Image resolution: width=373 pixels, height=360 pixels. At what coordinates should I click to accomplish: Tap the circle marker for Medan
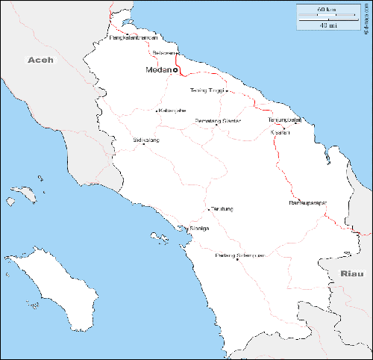pyautogui.click(x=175, y=70)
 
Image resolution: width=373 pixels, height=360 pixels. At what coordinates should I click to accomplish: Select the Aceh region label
pyautogui.click(x=40, y=59)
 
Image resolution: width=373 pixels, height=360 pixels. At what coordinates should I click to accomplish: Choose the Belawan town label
pyautogui.click(x=163, y=53)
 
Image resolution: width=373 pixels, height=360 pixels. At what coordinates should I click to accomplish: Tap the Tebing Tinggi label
pyautogui.click(x=207, y=90)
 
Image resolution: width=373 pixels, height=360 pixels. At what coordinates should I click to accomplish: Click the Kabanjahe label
pyautogui.click(x=172, y=111)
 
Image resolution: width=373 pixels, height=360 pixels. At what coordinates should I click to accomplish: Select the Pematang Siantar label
pyautogui.click(x=217, y=120)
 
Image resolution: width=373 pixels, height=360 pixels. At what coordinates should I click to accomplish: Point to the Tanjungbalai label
pyautogui.click(x=284, y=120)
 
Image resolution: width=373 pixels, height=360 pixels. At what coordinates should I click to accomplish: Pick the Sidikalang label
pyautogui.click(x=145, y=140)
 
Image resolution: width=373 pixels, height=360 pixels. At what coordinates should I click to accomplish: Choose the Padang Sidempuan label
pyautogui.click(x=239, y=255)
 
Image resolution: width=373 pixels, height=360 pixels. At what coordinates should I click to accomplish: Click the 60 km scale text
pyautogui.click(x=326, y=10)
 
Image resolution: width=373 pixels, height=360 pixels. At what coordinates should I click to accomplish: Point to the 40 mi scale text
pyautogui.click(x=326, y=25)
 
